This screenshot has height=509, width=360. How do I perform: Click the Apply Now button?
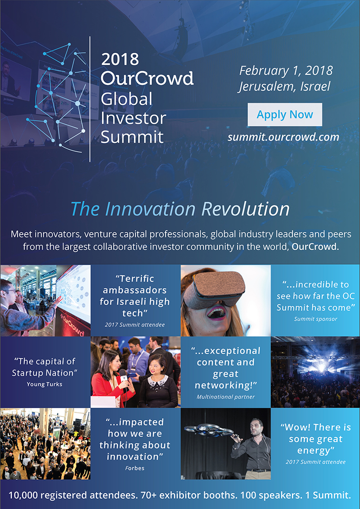click(285, 115)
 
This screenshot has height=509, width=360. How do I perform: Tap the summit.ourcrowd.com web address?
click(283, 137)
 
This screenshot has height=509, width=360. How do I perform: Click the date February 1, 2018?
click(286, 71)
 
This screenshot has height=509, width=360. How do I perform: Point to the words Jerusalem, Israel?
click(284, 86)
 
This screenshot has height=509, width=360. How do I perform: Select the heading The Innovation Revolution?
click(180, 209)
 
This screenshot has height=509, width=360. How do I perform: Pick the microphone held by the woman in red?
click(123, 377)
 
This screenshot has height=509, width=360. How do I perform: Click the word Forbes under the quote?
click(135, 468)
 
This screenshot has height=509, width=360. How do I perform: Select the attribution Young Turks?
click(45, 384)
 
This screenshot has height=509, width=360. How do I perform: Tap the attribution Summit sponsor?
click(315, 319)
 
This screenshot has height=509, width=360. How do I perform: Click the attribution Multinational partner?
click(225, 396)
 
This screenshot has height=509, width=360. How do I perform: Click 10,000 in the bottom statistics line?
click(22, 495)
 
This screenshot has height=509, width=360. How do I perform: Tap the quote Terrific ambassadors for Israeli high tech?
click(135, 296)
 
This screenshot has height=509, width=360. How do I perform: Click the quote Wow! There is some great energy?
click(315, 439)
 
